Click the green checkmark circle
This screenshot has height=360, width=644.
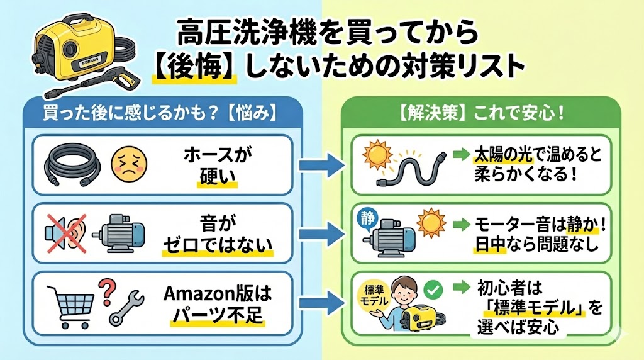(434, 289)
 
